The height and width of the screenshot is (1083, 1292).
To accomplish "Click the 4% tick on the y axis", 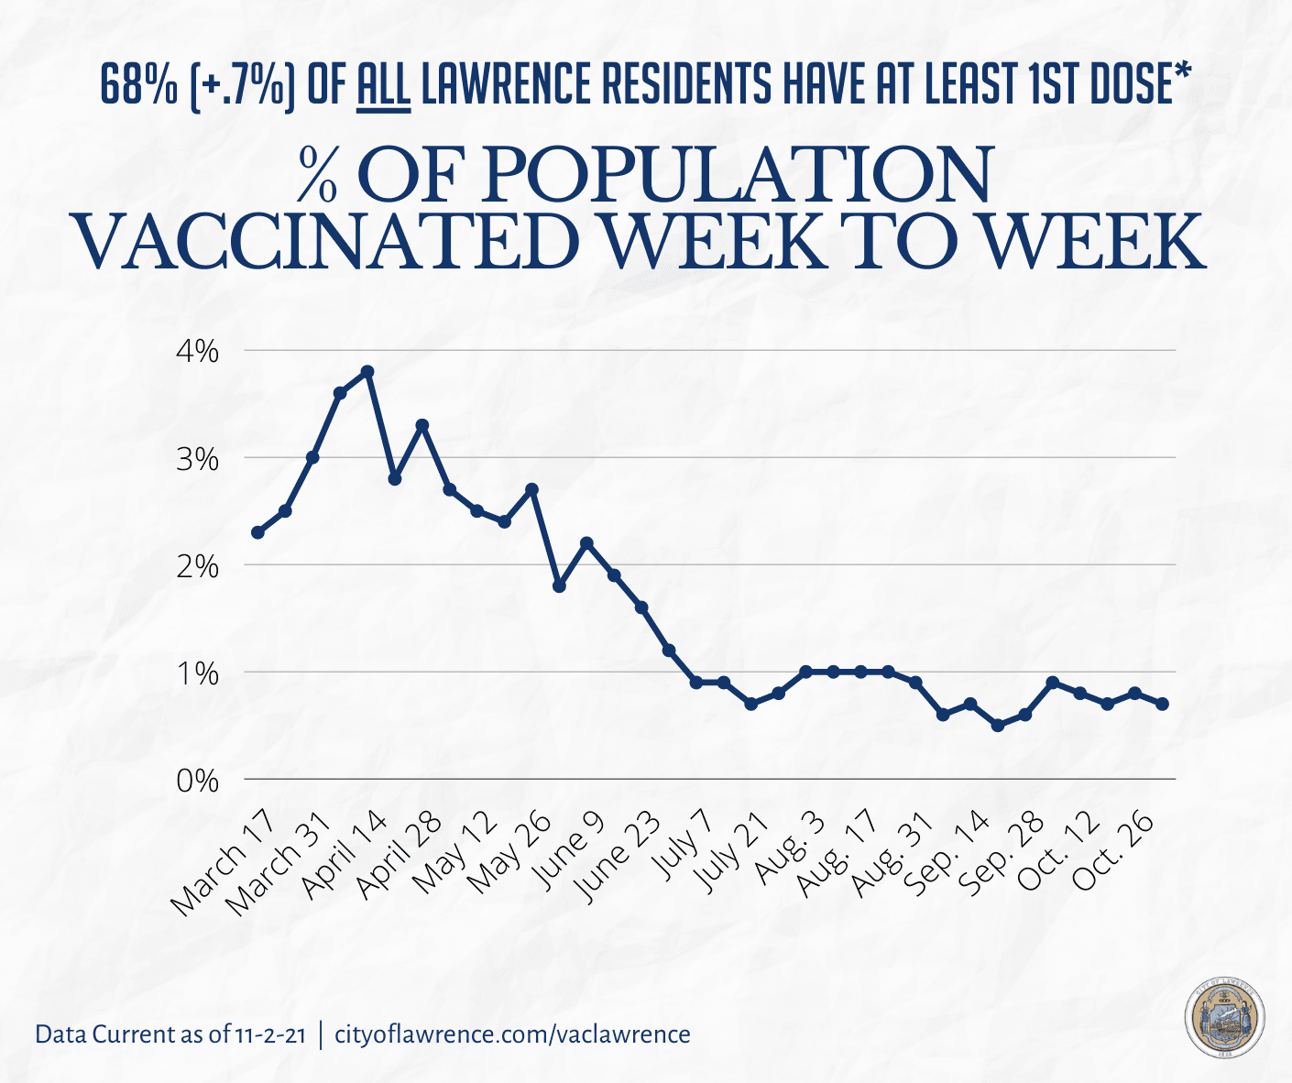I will tap(198, 351).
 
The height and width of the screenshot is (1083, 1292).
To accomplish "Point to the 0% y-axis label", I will tap(198, 781).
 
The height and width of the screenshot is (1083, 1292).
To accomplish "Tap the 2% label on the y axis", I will tap(198, 566).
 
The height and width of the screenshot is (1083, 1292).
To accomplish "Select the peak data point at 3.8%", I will tap(367, 371).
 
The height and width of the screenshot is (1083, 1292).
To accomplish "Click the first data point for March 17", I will tap(257, 532).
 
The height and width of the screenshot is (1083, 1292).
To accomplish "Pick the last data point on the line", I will tap(1162, 704).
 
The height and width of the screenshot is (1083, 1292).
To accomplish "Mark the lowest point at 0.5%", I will tap(998, 726).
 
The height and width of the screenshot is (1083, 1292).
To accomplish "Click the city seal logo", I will tap(1225, 1020).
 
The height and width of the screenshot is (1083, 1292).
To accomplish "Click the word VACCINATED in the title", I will tap(325, 241).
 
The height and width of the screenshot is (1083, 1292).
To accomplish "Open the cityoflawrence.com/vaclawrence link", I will tap(513, 1034).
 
